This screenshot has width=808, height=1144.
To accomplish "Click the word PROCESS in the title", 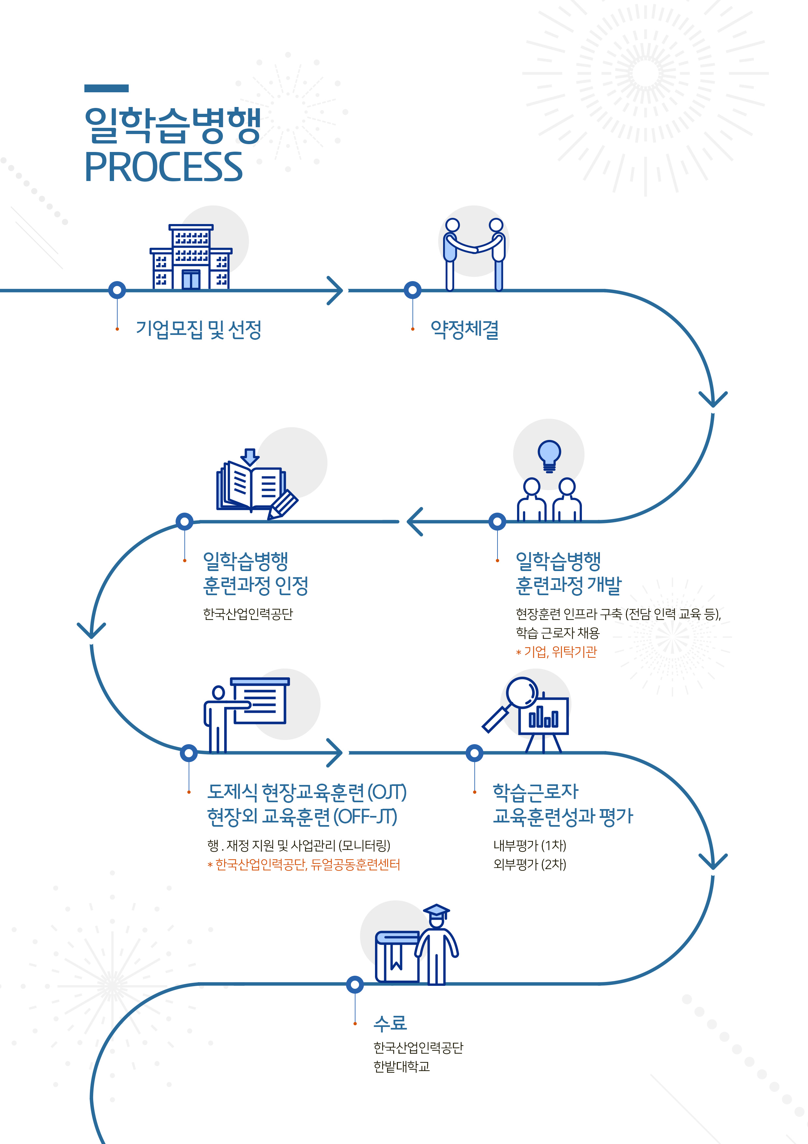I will (x=163, y=167).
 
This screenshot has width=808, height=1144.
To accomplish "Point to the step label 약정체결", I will (x=465, y=329).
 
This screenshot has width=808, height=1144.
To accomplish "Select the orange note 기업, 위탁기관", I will (x=560, y=652).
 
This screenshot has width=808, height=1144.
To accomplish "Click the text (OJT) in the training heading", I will (x=387, y=792).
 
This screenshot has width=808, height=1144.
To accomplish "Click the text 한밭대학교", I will (x=401, y=1066).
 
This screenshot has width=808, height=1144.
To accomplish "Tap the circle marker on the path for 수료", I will (x=354, y=985).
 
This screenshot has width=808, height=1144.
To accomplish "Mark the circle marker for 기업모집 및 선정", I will (x=117, y=290).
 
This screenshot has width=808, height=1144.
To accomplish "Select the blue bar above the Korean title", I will (x=107, y=89).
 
